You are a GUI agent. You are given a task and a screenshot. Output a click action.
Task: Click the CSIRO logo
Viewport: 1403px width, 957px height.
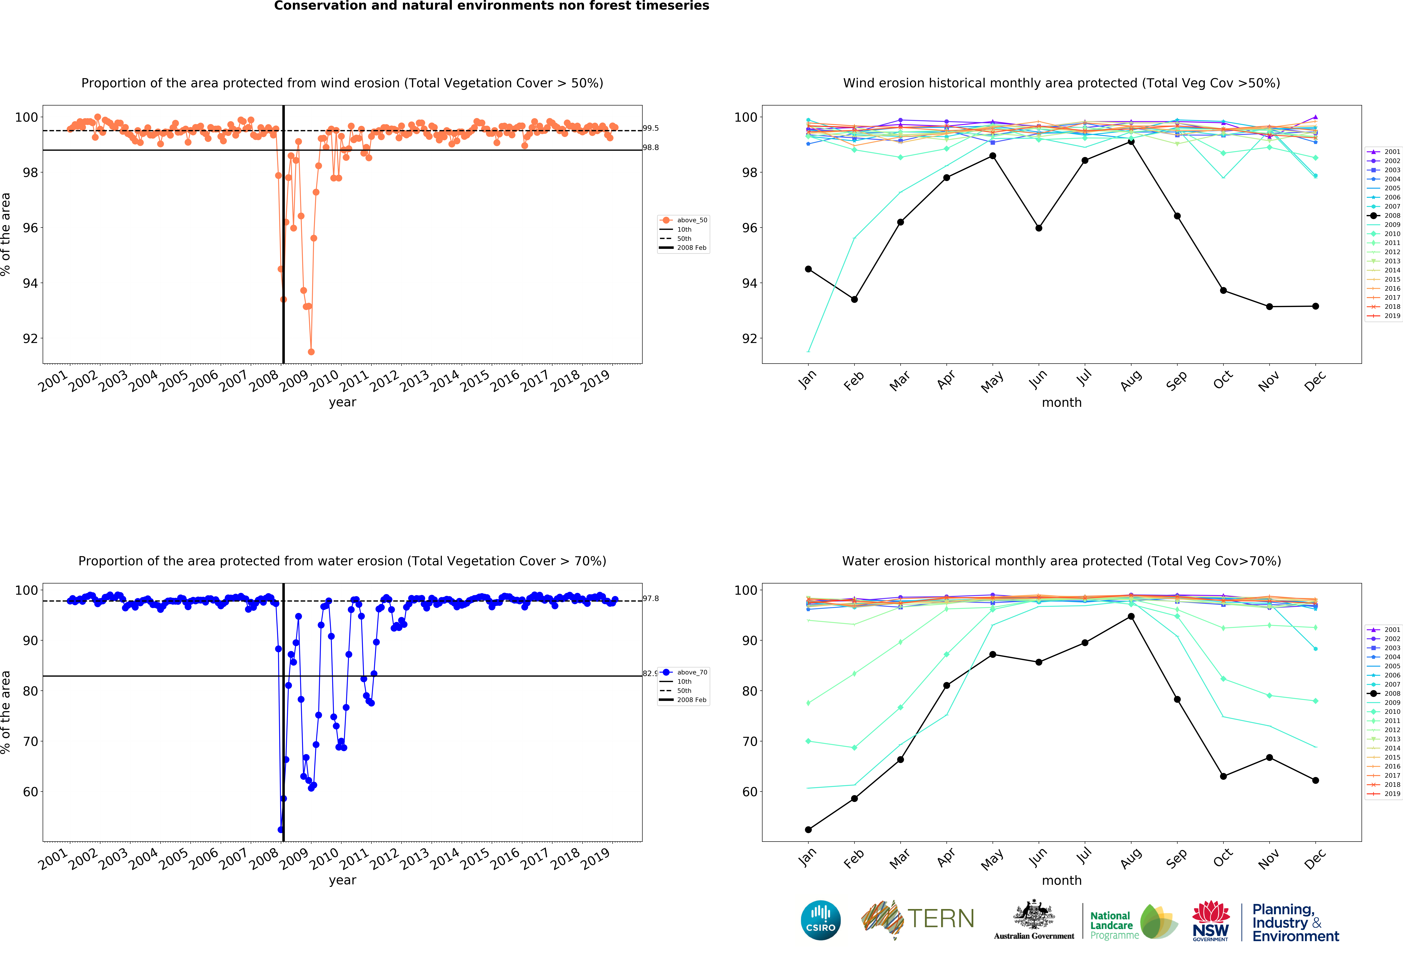[820, 920]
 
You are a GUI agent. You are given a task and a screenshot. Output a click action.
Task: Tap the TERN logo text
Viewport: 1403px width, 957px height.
[941, 919]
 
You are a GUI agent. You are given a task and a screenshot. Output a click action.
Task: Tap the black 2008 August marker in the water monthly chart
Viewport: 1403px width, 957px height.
[1131, 616]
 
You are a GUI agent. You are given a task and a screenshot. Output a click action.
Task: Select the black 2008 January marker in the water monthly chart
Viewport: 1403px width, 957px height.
[808, 829]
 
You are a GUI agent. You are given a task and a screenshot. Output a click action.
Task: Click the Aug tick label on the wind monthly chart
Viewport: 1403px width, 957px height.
[1131, 381]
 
